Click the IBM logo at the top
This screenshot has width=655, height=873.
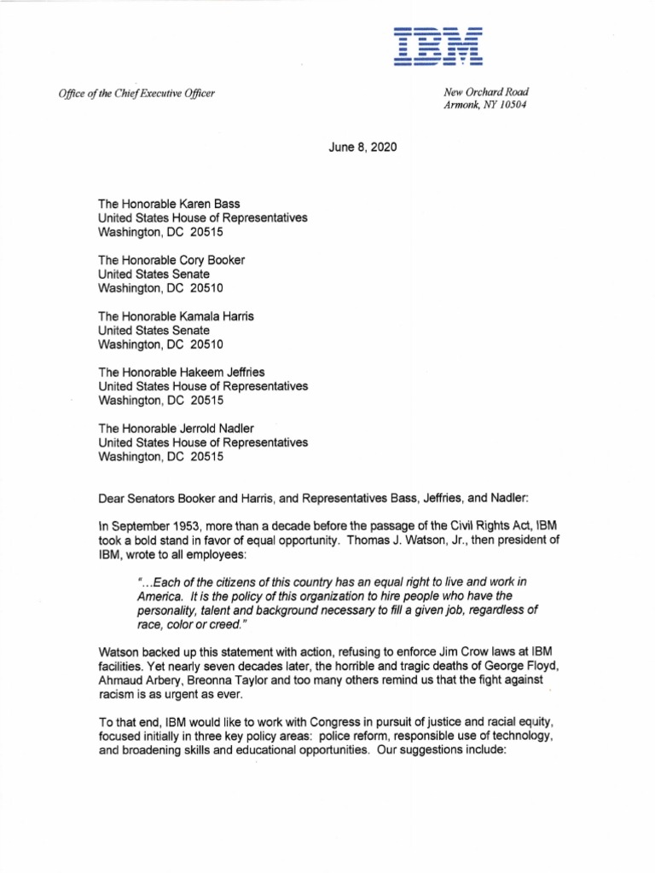click(x=438, y=46)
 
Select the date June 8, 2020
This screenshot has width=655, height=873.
click(x=362, y=147)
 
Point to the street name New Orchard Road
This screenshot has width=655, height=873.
click(x=486, y=91)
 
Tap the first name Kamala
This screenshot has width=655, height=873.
click(x=201, y=316)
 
